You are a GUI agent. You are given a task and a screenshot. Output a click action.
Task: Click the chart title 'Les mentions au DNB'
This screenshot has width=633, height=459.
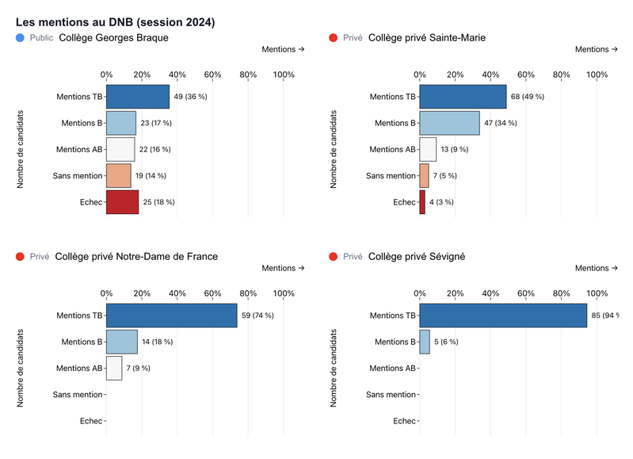[115, 22]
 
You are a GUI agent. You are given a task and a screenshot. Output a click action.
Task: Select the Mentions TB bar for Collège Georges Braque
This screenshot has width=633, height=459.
[138, 97]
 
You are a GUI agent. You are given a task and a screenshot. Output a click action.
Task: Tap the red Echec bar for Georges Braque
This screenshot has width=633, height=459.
[123, 202]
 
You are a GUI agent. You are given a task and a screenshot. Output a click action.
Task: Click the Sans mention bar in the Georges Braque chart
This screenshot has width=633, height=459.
[119, 176]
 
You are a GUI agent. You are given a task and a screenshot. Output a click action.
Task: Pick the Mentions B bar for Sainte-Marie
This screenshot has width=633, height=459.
[449, 123]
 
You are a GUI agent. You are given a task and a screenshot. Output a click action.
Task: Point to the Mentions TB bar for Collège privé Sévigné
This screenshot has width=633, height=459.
[503, 316]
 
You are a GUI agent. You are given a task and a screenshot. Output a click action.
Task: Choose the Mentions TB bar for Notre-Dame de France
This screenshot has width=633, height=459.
[172, 316]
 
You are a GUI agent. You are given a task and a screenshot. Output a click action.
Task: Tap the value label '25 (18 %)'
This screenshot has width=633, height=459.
[158, 202]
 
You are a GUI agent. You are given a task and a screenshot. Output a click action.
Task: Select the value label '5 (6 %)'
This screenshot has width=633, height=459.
[446, 342]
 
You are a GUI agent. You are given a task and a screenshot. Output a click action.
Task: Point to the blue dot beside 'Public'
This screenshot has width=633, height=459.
[19, 37]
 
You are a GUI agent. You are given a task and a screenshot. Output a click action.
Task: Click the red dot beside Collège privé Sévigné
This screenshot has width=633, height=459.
[333, 256]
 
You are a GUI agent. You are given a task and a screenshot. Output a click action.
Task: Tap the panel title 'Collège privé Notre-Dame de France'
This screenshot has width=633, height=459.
[136, 256]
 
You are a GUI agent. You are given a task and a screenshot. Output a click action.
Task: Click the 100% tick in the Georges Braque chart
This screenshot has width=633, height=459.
[284, 75]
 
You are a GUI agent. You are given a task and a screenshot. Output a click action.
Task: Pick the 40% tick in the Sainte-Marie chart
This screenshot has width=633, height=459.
[490, 75]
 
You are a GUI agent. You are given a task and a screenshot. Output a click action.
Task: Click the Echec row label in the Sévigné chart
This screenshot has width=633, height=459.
[404, 421]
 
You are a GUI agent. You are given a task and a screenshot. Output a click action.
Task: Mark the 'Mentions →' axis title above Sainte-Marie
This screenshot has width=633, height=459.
[597, 49]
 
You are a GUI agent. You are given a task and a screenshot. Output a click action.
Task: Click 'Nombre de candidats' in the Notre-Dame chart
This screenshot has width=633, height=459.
[21, 368]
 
